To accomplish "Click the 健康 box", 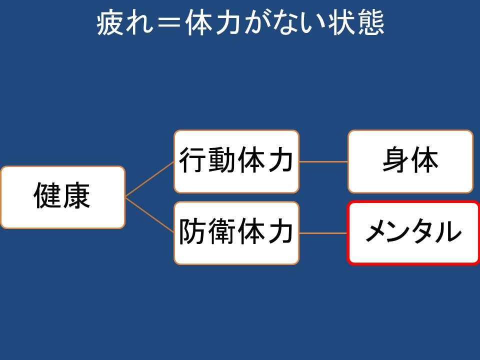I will click(x=62, y=197).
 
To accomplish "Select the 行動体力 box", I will click(x=236, y=161).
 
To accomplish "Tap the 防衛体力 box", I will click(x=236, y=233).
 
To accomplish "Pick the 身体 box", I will click(x=410, y=161).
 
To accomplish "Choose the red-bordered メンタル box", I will click(x=413, y=232).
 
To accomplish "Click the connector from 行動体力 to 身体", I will click(x=323, y=161).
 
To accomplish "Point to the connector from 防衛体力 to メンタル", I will click(x=323, y=233).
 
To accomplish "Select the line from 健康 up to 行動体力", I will click(x=149, y=179).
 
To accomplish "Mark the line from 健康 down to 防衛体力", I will click(x=149, y=215).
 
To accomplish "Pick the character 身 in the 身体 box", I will click(x=396, y=161).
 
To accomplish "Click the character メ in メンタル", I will click(x=377, y=232).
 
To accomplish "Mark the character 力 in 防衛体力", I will click(x=280, y=233).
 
